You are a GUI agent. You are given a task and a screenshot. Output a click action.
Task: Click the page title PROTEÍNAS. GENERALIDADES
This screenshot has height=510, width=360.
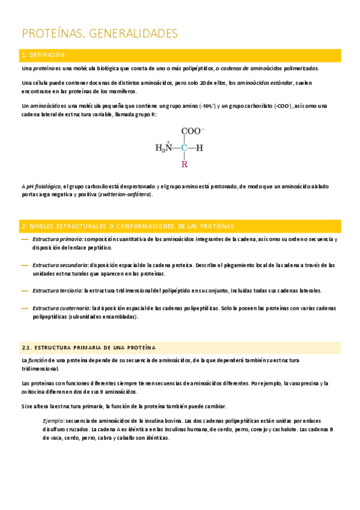click(x=100, y=33)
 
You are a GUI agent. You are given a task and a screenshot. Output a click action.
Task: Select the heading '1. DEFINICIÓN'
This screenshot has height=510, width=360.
click(x=43, y=55)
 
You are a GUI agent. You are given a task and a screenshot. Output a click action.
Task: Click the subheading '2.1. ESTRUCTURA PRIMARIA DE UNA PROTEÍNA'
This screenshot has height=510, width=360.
click(x=88, y=348)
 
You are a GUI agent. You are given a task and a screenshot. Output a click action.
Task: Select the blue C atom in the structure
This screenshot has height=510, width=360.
click(x=185, y=147)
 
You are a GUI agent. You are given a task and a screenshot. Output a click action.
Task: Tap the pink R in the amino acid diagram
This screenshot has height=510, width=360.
click(x=185, y=164)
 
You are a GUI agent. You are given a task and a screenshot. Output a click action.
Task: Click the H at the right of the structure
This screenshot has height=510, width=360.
click(x=200, y=147)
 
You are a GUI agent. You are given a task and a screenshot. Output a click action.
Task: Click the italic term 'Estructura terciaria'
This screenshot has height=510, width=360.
click(x=57, y=290)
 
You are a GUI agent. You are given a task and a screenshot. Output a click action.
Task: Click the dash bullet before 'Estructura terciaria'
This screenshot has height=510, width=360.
click(x=25, y=290)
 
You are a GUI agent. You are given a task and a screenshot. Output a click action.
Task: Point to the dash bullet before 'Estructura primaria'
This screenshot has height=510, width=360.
click(x=25, y=239)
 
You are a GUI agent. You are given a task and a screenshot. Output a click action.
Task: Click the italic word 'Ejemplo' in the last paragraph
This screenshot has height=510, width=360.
click(x=53, y=421)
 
